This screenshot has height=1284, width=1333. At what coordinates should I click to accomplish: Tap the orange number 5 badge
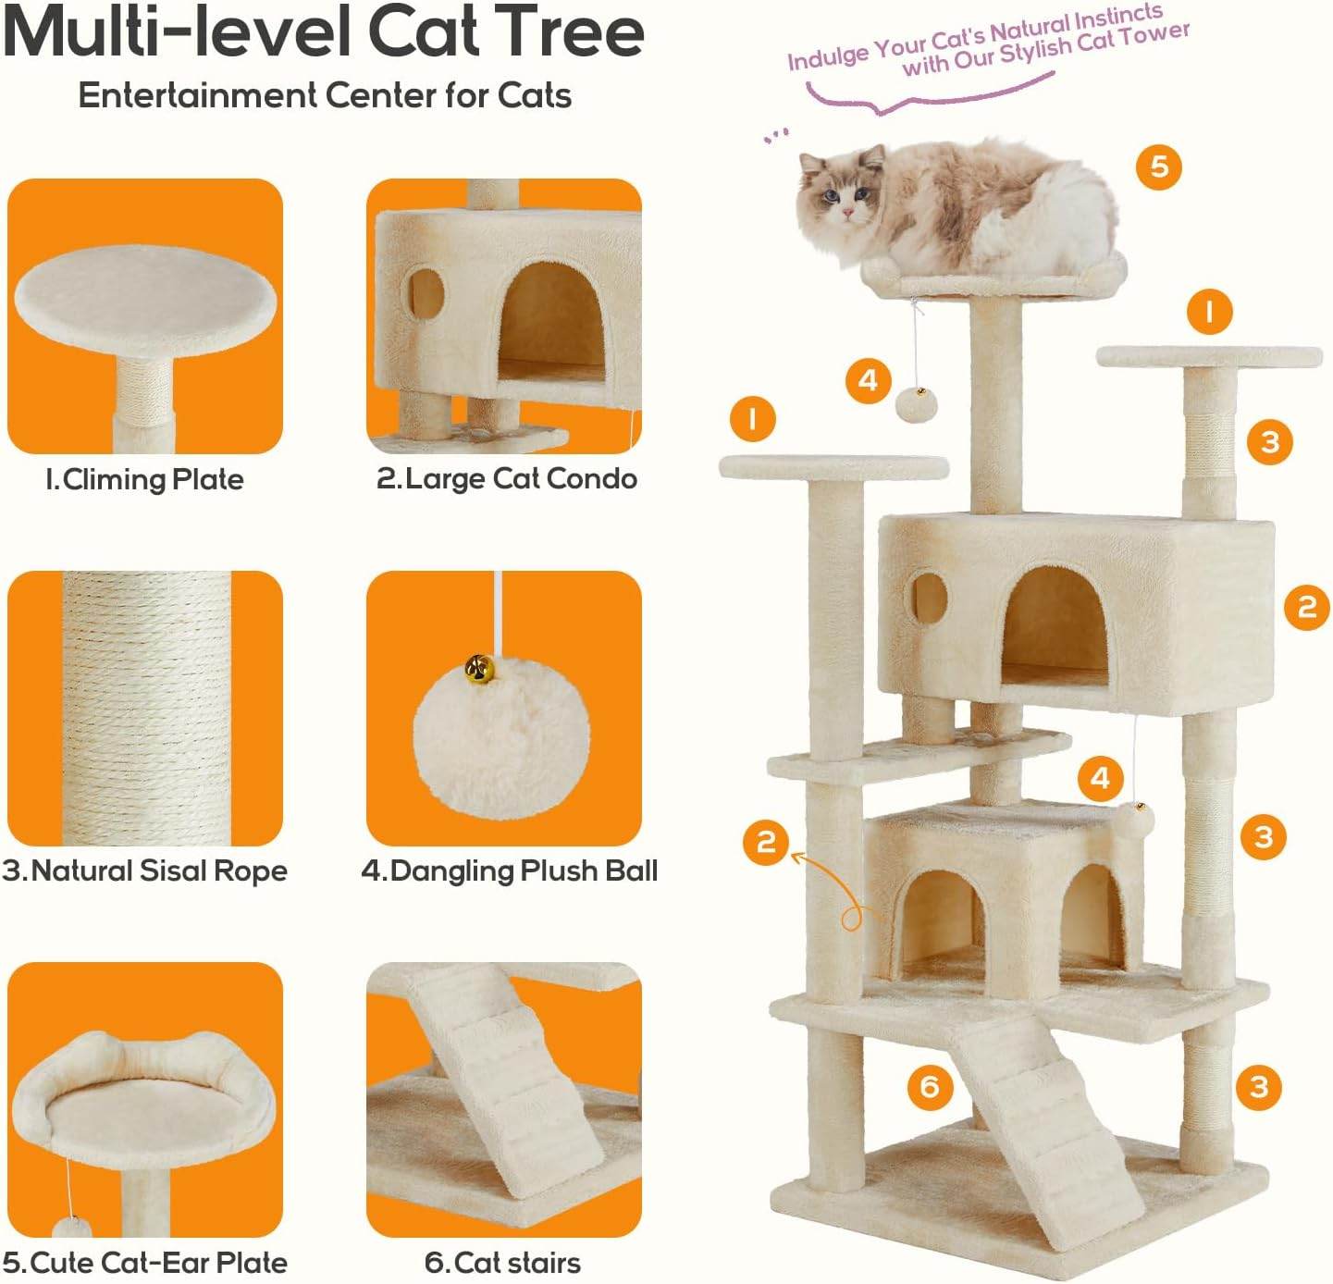click(x=1159, y=167)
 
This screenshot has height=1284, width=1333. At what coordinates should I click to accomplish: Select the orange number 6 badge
click(x=929, y=1084)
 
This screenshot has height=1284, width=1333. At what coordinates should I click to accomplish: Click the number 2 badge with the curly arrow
click(x=766, y=842)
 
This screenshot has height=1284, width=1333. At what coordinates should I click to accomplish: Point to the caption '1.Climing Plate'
click(x=144, y=479)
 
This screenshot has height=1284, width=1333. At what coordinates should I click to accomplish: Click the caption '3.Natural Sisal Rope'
click(x=144, y=870)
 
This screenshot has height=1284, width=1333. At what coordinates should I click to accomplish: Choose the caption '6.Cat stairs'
click(x=503, y=1262)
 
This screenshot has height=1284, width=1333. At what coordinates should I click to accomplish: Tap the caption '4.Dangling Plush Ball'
click(x=509, y=870)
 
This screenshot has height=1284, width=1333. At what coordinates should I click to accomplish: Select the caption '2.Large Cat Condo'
click(x=506, y=478)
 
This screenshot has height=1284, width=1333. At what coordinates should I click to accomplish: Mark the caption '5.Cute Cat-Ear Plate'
click(x=144, y=1262)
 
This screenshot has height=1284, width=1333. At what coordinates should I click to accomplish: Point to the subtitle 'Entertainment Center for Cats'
click(x=325, y=95)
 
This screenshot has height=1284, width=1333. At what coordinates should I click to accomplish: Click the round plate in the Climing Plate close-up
click(x=145, y=302)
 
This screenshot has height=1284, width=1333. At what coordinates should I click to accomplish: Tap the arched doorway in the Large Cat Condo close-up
click(x=552, y=320)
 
